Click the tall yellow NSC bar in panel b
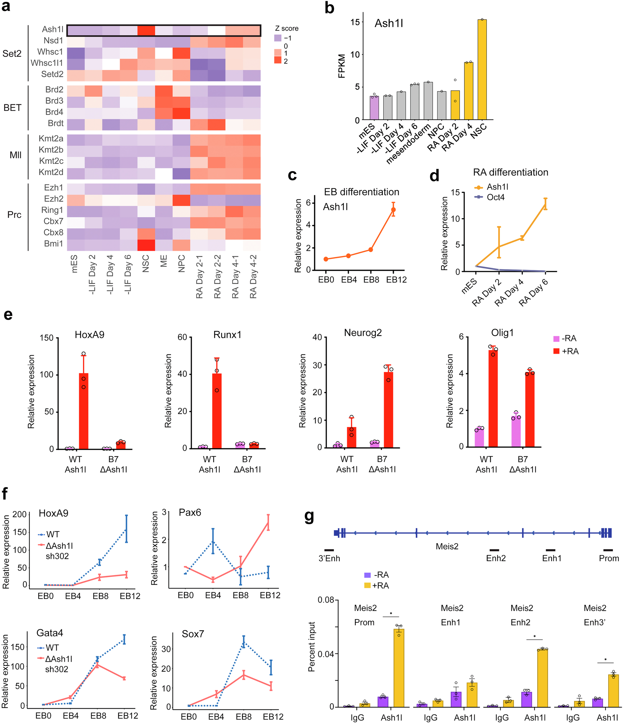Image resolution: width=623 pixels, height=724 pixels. pyautogui.click(x=482, y=70)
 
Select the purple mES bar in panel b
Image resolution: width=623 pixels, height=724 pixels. pyautogui.click(x=374, y=108)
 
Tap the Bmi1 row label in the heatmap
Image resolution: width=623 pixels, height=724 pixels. pyautogui.click(x=53, y=243)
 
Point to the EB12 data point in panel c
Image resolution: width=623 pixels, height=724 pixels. pyautogui.click(x=394, y=210)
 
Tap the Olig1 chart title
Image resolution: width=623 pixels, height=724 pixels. pyautogui.click(x=502, y=333)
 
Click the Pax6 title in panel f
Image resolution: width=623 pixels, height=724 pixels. pyautogui.click(x=190, y=512)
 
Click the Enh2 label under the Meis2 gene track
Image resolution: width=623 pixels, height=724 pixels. pyautogui.click(x=496, y=558)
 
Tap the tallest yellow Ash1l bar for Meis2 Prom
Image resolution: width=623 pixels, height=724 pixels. pyautogui.click(x=399, y=668)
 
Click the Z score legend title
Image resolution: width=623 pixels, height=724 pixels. pyautogui.click(x=287, y=28)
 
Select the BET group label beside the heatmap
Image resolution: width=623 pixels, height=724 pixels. pyautogui.click(x=12, y=108)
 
